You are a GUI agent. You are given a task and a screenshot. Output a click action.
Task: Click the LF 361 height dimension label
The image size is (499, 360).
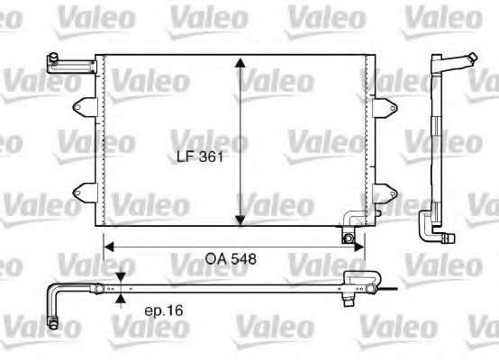pos(200,157)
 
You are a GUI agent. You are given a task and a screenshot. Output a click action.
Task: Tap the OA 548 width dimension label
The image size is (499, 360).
pos(231,259)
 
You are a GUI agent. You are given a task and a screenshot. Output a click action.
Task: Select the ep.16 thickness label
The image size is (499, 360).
pos(164,310)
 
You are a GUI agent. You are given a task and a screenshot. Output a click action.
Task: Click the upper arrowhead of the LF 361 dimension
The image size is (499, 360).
pos(240,63)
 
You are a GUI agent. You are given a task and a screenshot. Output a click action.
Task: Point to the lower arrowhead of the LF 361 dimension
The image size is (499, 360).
pos(240,220)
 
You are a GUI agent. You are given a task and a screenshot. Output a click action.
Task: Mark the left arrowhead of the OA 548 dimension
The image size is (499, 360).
pos(109,247)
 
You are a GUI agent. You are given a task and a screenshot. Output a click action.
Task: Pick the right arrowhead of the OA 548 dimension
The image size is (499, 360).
pos(359,247)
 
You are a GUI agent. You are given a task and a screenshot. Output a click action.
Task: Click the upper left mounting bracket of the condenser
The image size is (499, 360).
pos(85,107)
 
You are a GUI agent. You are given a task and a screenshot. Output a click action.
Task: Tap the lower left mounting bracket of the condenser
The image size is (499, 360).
pos(85,193)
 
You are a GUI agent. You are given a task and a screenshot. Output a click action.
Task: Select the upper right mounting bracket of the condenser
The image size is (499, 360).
pos(386,108)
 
